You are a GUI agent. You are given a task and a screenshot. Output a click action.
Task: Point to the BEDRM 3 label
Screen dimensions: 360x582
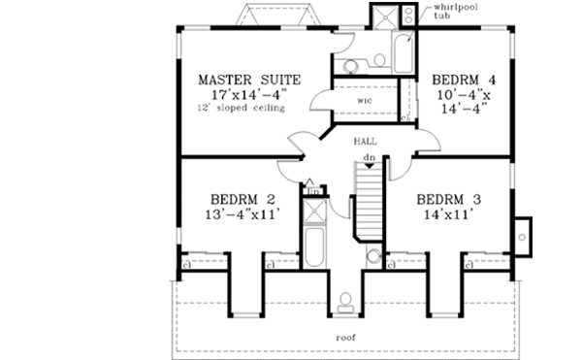(448, 200)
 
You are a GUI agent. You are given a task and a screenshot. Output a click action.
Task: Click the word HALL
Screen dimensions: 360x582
(365, 142)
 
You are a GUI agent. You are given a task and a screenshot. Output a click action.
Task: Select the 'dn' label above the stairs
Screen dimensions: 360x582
(369, 156)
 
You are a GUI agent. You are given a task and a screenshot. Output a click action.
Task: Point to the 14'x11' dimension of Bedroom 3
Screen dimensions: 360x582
(448, 217)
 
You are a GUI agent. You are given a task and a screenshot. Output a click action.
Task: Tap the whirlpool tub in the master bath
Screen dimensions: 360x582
(402, 50)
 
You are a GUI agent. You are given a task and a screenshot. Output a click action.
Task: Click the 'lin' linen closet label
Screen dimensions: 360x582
(313, 191)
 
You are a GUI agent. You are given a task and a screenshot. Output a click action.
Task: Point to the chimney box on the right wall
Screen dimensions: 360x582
(524, 234)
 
